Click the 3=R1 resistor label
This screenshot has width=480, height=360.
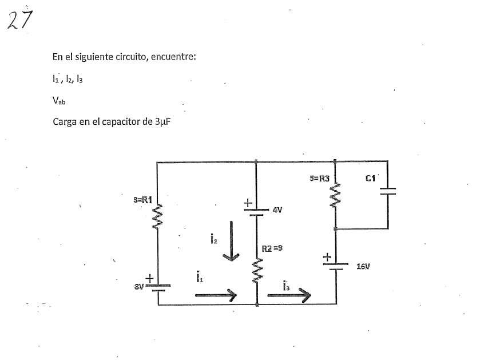point(142,200)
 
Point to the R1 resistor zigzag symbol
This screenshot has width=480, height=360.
point(157,219)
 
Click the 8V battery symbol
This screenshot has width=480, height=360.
point(157,287)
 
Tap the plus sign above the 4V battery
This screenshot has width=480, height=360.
point(248,203)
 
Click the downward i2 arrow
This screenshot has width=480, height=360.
point(232,241)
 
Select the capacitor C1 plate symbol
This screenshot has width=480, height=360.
point(387,192)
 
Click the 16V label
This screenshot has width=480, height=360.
point(364,266)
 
